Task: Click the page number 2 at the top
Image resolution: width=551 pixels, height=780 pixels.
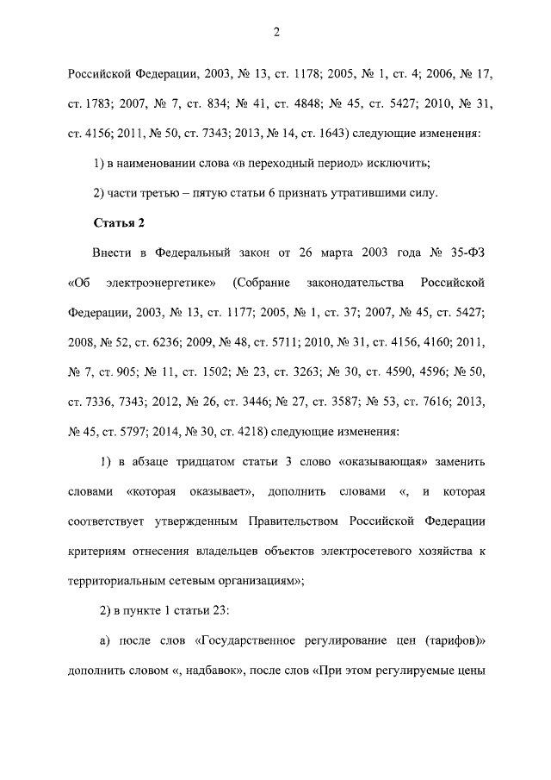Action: click(276, 33)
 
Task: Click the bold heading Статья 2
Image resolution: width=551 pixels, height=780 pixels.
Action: click(119, 223)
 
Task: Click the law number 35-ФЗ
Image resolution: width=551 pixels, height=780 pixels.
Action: click(463, 253)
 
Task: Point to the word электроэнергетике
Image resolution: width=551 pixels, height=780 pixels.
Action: click(165, 283)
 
